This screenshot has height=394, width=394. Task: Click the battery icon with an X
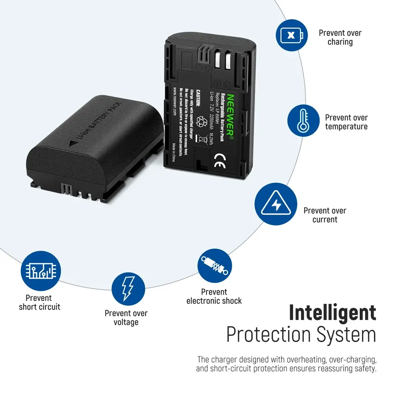tap(292, 35)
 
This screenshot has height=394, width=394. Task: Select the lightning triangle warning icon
tap(276, 204)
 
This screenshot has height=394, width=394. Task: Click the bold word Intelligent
tap(333, 312)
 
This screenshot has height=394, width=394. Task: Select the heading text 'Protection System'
tap(301, 335)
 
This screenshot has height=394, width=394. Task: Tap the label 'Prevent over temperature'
tap(346, 122)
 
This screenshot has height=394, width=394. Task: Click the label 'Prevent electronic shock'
tap(214, 296)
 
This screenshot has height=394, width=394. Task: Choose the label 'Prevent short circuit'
tap(39, 302)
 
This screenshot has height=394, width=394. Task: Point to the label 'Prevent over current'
tap(325, 215)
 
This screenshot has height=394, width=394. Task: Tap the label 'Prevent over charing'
tap(340, 37)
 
